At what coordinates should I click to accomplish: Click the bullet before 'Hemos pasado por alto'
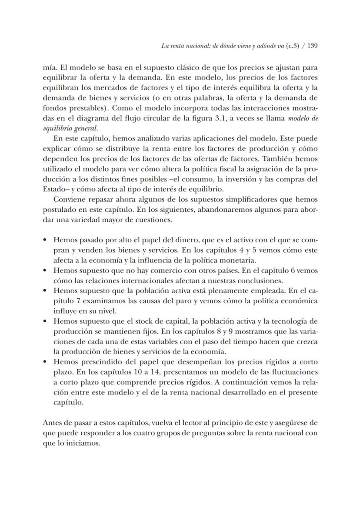[x=46, y=240]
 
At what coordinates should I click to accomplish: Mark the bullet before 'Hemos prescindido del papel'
[x=46, y=362]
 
